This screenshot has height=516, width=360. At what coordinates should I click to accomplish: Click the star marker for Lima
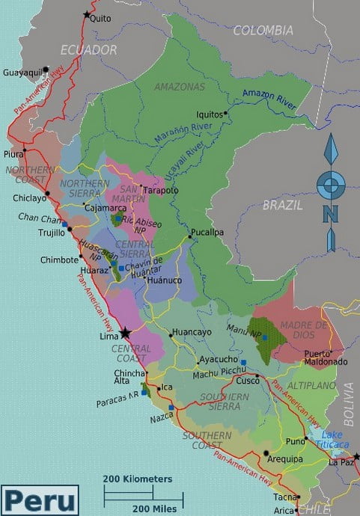point(125,334)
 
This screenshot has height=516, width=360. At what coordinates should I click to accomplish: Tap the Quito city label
point(100,18)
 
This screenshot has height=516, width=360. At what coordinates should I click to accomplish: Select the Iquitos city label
point(209,114)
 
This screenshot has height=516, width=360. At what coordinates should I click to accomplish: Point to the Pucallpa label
point(207,232)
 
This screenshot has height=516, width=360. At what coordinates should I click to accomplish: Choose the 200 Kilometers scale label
point(138,479)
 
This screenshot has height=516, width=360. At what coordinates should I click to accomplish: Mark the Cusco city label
point(248,381)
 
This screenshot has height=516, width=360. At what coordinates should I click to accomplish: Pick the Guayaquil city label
point(22,73)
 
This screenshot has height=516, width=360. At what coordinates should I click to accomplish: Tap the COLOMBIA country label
point(263,31)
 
